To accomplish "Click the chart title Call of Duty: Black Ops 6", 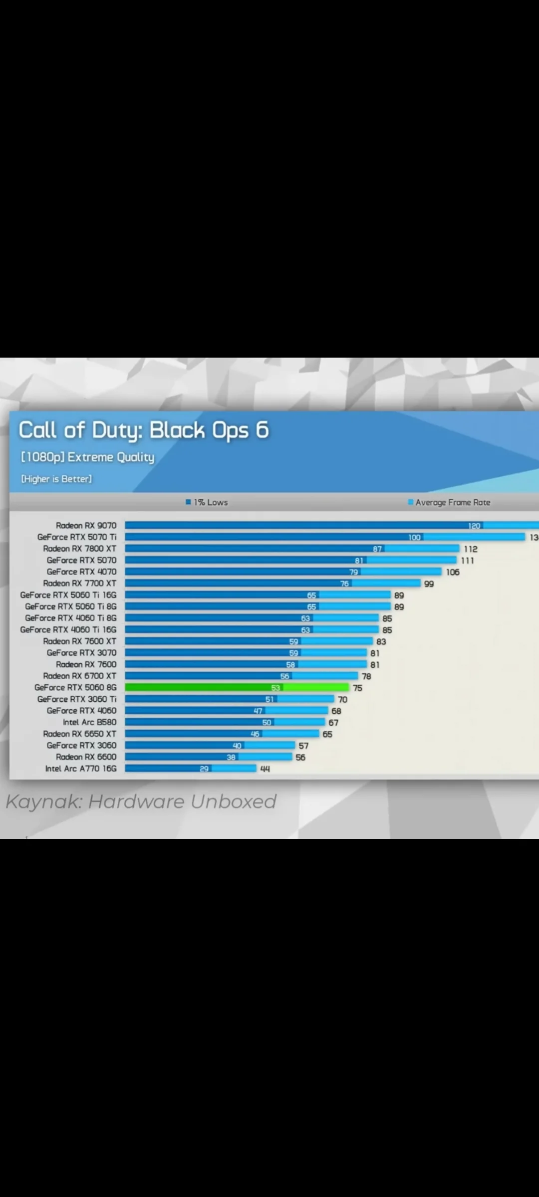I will tap(144, 430).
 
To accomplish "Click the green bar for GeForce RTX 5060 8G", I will tap(237, 687).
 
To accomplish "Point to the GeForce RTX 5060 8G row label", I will tap(75, 687).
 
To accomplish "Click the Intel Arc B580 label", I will tap(89, 722).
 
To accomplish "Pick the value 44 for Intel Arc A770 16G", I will tap(265, 769).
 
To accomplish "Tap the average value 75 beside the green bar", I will tap(357, 688).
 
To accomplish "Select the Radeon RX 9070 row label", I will tap(86, 525).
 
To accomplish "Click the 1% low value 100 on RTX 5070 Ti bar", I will tap(414, 538).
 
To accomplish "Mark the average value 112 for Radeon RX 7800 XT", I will tap(470, 549).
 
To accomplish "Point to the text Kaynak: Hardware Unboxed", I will tap(141, 801).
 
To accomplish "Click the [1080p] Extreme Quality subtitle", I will tap(87, 457).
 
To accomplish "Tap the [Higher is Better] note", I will tap(56, 479).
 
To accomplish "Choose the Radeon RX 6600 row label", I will tap(86, 757).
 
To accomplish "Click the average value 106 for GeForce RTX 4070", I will tap(453, 572).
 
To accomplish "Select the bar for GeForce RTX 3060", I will tap(210, 745).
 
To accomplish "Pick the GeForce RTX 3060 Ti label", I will tap(77, 699).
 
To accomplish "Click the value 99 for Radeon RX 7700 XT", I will tap(429, 584).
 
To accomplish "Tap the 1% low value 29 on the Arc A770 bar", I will tap(204, 769).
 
